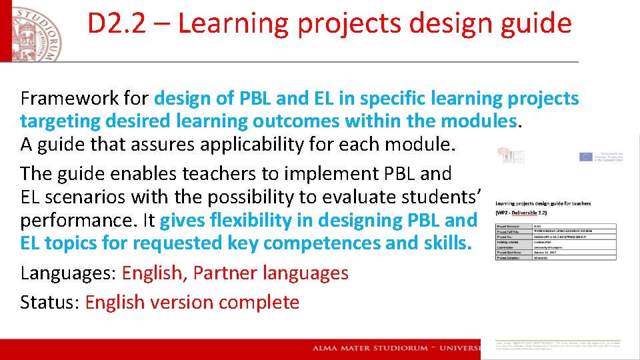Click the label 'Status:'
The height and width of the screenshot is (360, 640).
(50, 302)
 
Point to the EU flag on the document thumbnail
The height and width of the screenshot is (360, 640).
(585, 157)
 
